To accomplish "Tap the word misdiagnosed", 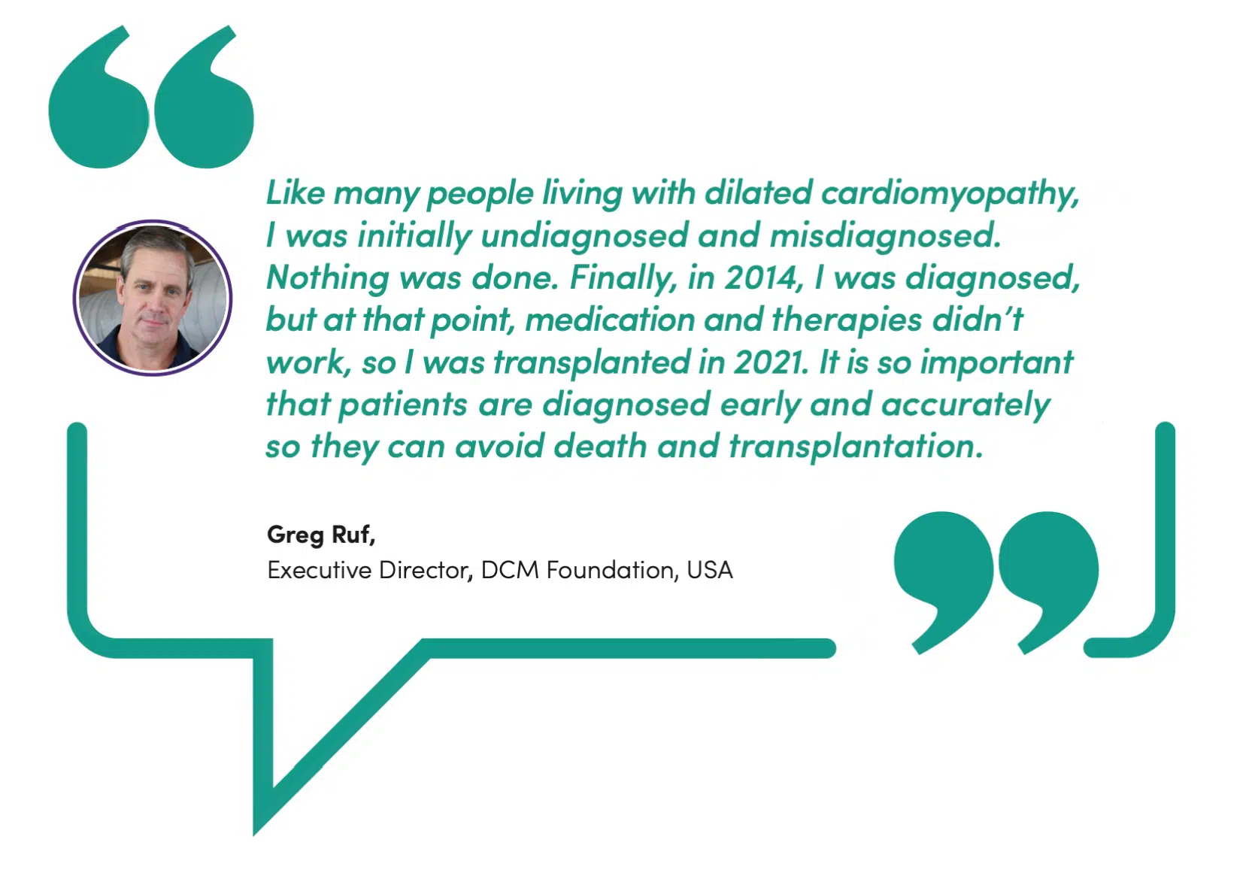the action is pyautogui.click(x=886, y=235).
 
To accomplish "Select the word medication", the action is pyautogui.click(x=610, y=320).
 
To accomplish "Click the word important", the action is pyautogui.click(x=996, y=362).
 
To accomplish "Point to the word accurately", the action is pyautogui.click(x=966, y=405).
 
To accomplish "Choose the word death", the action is pyautogui.click(x=600, y=447).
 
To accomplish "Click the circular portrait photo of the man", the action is pyautogui.click(x=152, y=298).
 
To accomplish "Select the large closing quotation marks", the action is pyautogui.click(x=996, y=583).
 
